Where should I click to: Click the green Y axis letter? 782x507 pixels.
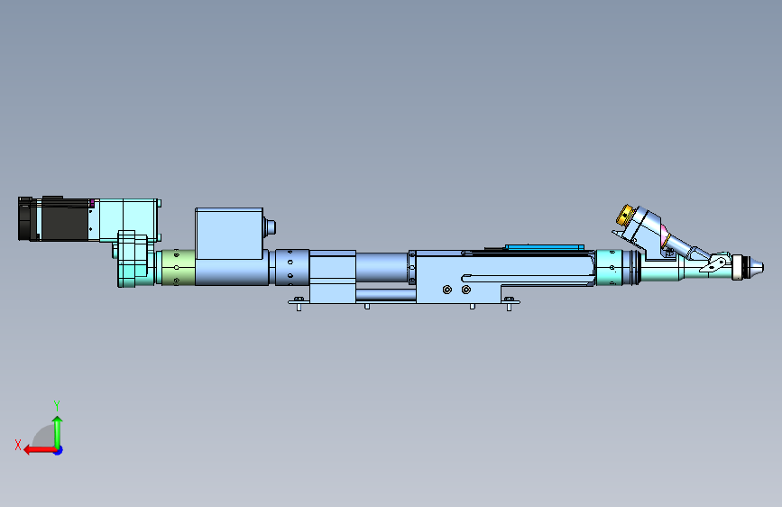pos(57,405)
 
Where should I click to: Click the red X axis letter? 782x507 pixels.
pos(18,445)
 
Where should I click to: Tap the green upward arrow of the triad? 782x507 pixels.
pos(58,431)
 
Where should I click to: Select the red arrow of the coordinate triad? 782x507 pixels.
pos(40,450)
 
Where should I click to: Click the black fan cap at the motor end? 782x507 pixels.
pos(24,219)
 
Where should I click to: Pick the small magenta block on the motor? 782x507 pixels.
pos(92,202)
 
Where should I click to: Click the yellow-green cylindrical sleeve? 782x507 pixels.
pos(178,267)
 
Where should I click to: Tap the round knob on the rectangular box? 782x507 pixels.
pos(270,227)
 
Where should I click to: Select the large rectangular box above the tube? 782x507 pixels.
pos(229,234)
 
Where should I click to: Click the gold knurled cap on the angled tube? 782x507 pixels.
pos(624,215)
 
